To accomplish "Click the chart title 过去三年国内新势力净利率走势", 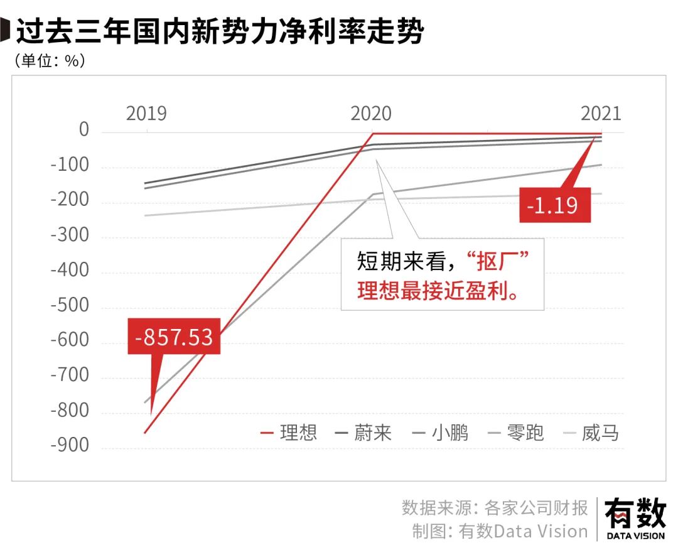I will pyautogui.click(x=220, y=31).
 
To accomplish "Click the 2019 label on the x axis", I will pyautogui.click(x=146, y=114).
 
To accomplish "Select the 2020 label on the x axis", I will pyautogui.click(x=371, y=114).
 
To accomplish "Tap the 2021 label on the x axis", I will pyautogui.click(x=601, y=114).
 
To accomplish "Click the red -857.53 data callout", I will pyautogui.click(x=174, y=337).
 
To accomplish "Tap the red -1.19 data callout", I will pyautogui.click(x=555, y=205).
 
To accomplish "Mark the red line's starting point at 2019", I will pyautogui.click(x=146, y=433).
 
